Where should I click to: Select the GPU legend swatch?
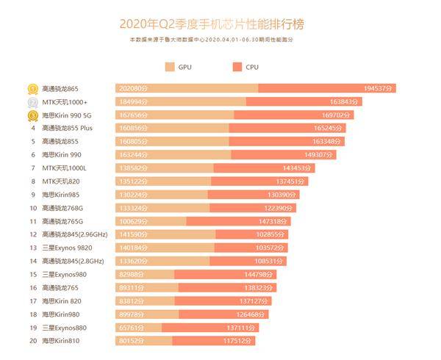(x=171, y=67)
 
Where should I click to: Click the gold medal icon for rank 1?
(x=33, y=89)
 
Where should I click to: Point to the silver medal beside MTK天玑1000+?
(x=33, y=102)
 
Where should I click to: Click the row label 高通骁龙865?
(x=65, y=89)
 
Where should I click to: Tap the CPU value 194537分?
(x=379, y=89)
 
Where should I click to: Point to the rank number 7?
(x=33, y=168)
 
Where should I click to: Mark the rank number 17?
(x=33, y=300)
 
